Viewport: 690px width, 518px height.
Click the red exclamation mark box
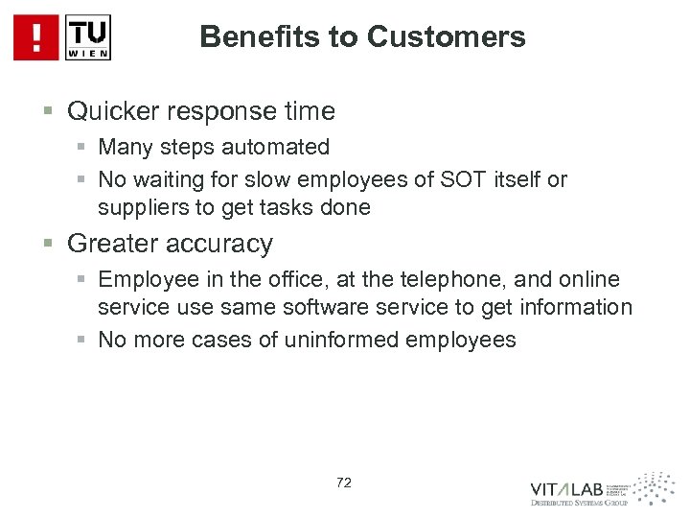35,37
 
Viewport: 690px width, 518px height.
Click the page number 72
343,483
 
